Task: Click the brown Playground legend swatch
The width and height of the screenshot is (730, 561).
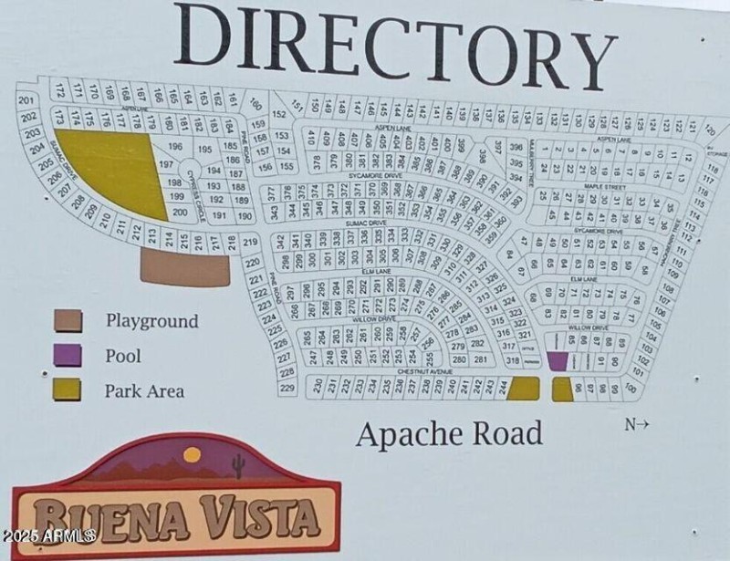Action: click(67, 321)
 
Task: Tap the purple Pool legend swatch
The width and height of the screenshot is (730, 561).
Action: click(67, 356)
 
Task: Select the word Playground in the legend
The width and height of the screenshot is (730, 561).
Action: click(151, 321)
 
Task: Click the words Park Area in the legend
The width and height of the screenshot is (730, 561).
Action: click(144, 391)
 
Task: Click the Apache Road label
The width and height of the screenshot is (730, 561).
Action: click(449, 434)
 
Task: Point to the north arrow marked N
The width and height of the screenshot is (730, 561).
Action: click(637, 423)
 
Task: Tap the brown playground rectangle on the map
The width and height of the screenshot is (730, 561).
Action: click(186, 268)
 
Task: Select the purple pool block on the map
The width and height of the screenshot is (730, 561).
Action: click(557, 361)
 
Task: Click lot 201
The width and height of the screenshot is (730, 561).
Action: click(26, 100)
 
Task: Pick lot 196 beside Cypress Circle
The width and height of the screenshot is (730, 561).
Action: click(176, 147)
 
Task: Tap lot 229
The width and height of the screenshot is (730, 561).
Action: click(287, 388)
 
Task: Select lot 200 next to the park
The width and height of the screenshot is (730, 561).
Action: click(180, 213)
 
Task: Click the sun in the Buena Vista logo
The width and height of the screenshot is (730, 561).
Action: click(192, 454)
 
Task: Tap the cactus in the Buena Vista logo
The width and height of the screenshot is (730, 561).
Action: click(238, 464)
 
